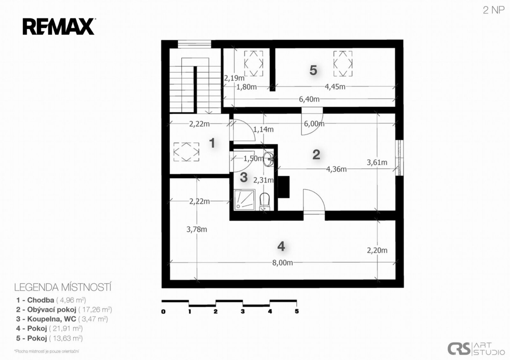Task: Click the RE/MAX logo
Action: (59, 27)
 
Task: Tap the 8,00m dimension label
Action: (282, 263)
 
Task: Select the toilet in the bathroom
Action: (265, 202)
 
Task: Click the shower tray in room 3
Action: (244, 199)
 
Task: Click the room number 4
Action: (281, 246)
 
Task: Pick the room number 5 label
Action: (313, 70)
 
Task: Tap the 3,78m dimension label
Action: (196, 229)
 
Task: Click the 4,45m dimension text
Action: (335, 87)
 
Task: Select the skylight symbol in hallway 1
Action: (186, 152)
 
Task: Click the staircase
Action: (196, 81)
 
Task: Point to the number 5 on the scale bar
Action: (297, 311)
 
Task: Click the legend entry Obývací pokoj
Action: (64, 309)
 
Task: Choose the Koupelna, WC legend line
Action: (62, 319)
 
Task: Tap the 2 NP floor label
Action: (494, 10)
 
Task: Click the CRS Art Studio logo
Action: (476, 349)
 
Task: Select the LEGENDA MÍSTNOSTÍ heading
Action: (63, 287)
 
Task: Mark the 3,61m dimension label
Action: (377, 162)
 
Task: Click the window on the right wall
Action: (399, 158)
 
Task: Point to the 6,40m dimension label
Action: (309, 99)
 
